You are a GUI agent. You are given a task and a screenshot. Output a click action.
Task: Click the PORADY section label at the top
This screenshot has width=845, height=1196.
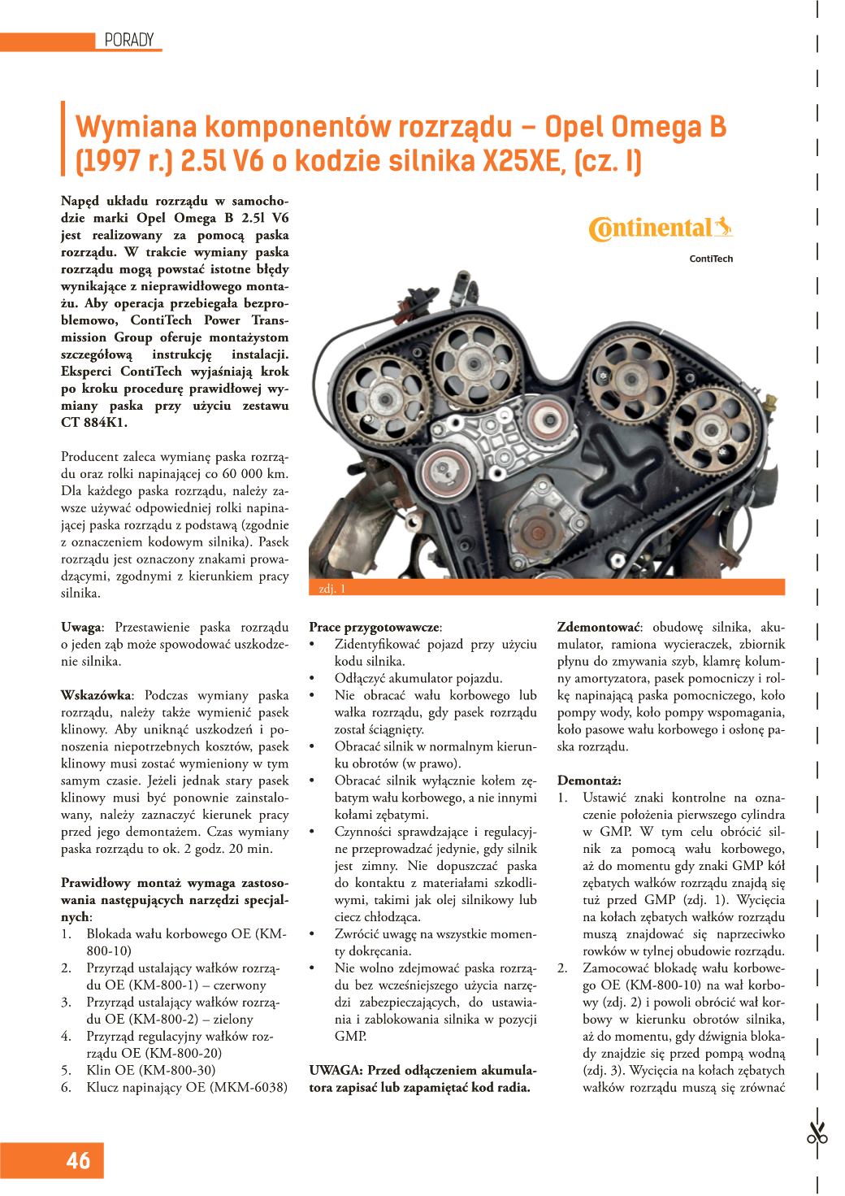pyautogui.click(x=129, y=40)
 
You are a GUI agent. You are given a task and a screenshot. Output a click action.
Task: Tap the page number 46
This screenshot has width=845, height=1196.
pyautogui.click(x=78, y=1160)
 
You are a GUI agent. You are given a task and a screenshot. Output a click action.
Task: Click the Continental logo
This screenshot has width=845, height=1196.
pyautogui.click(x=660, y=228)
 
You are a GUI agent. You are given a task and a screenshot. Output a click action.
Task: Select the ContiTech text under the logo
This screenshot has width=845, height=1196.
pyautogui.click(x=711, y=259)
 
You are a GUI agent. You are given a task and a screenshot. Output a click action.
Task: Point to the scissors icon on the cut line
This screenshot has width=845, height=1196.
pyautogui.click(x=817, y=1133)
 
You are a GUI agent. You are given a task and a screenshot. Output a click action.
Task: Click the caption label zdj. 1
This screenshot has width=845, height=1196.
pyautogui.click(x=332, y=589)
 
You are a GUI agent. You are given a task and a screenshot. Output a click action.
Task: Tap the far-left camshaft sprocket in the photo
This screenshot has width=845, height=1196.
pyautogui.click(x=386, y=397)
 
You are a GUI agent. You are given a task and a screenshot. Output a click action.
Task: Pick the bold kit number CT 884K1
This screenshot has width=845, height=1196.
pyautogui.click(x=93, y=423)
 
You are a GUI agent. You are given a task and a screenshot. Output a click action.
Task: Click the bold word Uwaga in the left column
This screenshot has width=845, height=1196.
pyautogui.click(x=82, y=627)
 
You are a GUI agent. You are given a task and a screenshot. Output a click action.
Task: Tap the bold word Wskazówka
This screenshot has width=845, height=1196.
pyautogui.click(x=96, y=695)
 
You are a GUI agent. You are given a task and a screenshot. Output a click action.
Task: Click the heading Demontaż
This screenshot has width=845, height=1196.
pyautogui.click(x=589, y=781)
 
